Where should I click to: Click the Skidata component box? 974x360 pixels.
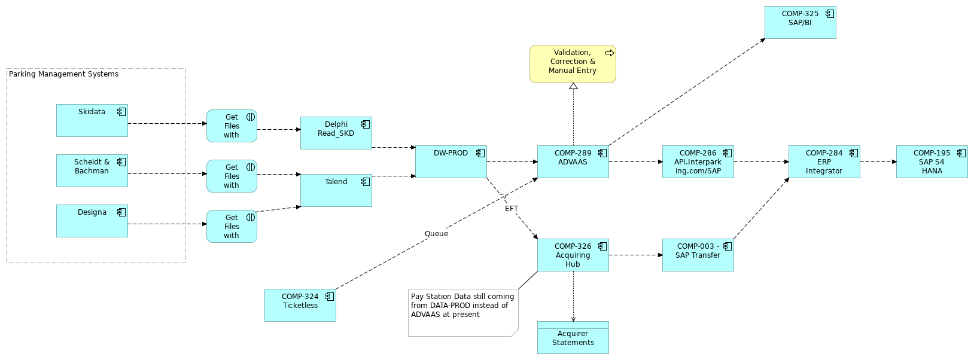(92, 120)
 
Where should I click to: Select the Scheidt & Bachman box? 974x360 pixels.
(92, 170)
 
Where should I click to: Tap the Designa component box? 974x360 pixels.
(92, 221)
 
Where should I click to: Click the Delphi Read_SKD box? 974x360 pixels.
(336, 133)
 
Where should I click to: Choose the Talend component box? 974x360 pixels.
(336, 190)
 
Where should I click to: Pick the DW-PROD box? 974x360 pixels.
(451, 161)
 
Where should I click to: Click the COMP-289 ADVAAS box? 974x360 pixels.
(573, 161)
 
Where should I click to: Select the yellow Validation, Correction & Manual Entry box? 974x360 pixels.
(573, 64)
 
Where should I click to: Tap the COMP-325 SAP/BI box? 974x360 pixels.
(800, 23)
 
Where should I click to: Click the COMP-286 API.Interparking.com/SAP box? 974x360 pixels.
(698, 161)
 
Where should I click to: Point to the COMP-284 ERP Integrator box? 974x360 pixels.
(824, 161)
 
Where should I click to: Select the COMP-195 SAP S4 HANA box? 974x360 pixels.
(932, 161)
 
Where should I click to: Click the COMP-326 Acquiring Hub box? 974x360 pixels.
(573, 255)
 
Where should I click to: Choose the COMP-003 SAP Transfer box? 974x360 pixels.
(698, 255)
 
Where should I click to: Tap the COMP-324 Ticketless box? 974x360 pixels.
(300, 305)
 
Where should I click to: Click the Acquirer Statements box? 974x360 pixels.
(573, 338)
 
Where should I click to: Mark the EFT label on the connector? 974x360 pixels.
(512, 209)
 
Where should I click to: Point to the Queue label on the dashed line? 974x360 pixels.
(436, 234)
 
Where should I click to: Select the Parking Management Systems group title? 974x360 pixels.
(63, 74)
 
